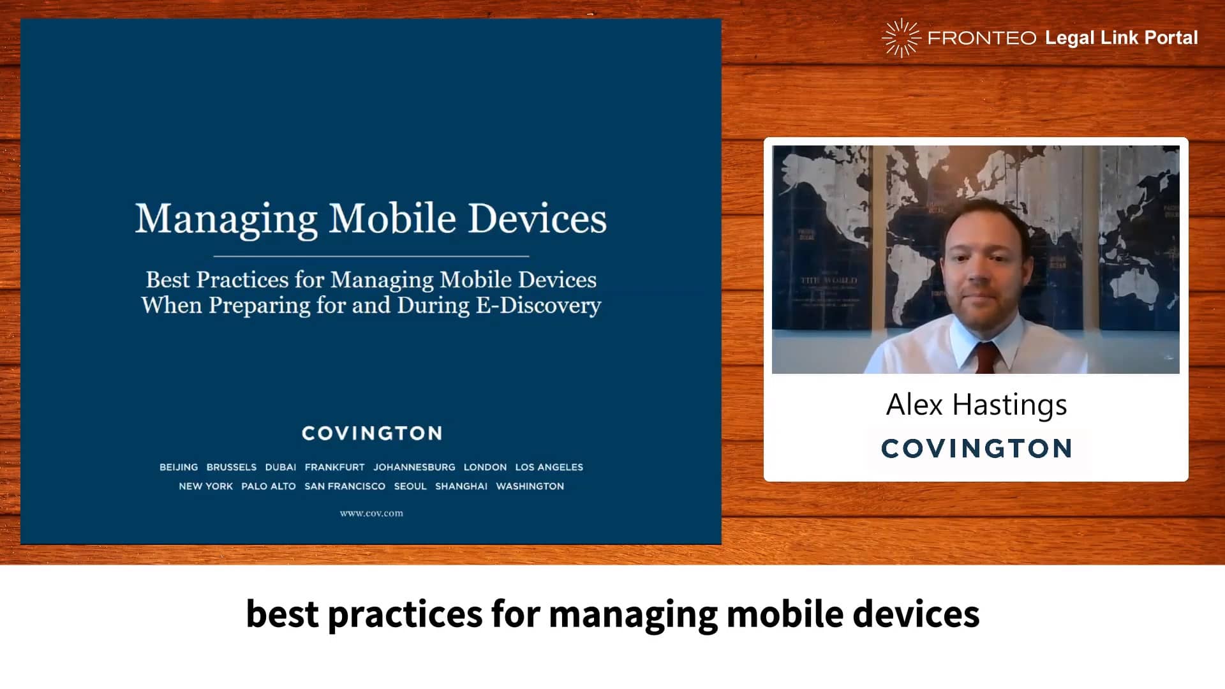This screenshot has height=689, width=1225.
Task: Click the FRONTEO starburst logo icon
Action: pos(901,38)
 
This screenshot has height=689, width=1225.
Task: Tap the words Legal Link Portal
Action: pos(1121,38)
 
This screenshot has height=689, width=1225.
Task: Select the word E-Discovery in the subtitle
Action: pos(538,306)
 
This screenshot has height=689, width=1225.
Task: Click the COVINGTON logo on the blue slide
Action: pos(372,434)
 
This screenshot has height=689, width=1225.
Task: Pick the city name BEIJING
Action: pos(179,468)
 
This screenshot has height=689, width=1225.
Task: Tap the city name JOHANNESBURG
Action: pos(414,468)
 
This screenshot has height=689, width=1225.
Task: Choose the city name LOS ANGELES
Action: pos(549,468)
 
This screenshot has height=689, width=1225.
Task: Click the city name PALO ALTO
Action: pos(269,487)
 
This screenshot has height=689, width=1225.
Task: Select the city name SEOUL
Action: pos(410,487)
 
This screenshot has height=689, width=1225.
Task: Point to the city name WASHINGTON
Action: pos(530,487)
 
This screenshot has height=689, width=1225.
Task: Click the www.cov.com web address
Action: pos(371,514)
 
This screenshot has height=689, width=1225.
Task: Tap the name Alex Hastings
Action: pos(976,405)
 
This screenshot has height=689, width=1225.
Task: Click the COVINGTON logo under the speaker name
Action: pos(976,448)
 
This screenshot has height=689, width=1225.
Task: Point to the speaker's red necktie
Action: pos(985,358)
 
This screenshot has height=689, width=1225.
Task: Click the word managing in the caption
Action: pos(633,615)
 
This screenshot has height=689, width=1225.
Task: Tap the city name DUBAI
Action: pos(281,468)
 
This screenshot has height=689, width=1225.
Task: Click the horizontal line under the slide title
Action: pos(371,256)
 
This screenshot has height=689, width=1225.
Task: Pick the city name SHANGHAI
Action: pos(461,487)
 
